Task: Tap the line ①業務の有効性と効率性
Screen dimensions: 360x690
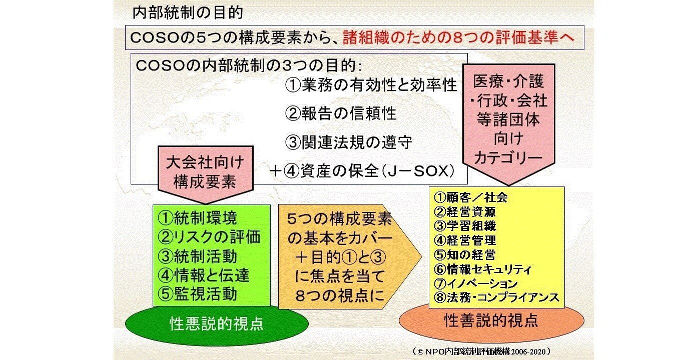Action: [371, 85]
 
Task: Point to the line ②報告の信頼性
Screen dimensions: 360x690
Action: [341, 114]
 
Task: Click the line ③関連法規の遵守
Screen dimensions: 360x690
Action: [349, 142]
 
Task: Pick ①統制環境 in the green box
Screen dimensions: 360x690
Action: [197, 218]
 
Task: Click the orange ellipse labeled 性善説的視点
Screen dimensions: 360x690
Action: [491, 320]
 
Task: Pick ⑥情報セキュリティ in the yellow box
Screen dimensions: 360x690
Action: [482, 269]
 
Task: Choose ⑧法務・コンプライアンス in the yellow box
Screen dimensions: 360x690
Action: [496, 297]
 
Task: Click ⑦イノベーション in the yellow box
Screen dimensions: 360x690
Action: [475, 283]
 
